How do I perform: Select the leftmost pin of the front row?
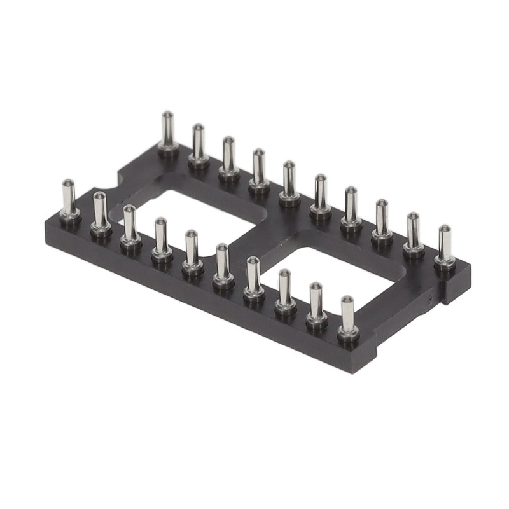click(69, 200)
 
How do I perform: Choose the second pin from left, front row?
click(100, 213)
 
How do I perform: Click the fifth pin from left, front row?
click(192, 251)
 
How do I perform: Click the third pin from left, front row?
click(130, 226)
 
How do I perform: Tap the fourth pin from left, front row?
click(161, 239)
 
